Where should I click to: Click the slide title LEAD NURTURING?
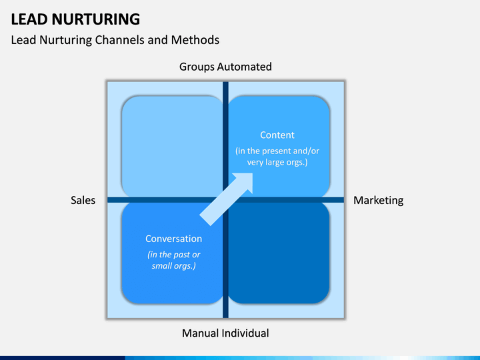click(75, 19)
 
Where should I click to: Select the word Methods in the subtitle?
click(195, 40)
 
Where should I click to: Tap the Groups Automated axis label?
click(225, 67)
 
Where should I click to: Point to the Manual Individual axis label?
click(225, 333)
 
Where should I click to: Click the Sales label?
click(83, 200)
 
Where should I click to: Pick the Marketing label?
click(378, 200)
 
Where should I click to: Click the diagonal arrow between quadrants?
click(227, 198)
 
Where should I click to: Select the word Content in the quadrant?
click(277, 135)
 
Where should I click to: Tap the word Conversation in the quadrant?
click(173, 239)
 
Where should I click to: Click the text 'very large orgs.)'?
click(277, 163)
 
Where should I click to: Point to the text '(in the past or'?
click(173, 254)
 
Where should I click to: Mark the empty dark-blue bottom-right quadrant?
click(279, 253)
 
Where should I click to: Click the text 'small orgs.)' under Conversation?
click(173, 266)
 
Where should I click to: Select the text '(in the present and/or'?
click(277, 151)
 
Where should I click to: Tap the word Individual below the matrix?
click(245, 333)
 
